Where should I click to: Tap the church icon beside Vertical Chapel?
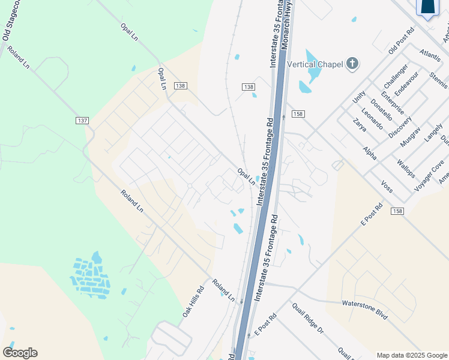[x=352, y=62]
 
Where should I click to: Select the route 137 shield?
[x=83, y=121]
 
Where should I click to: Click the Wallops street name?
[x=406, y=169]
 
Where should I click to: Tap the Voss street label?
[x=387, y=187]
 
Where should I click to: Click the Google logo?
[x=20, y=352]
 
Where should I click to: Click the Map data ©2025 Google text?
[x=411, y=355]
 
